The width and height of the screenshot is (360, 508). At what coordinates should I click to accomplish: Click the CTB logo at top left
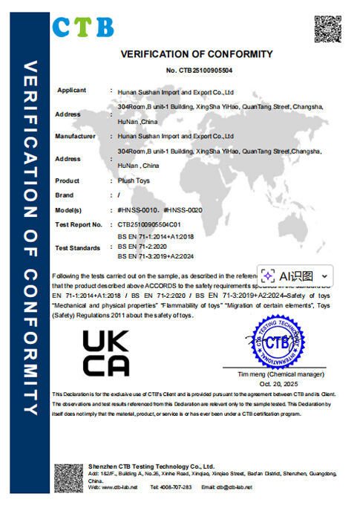coord(82,27)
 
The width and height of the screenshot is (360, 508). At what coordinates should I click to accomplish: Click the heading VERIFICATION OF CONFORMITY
coord(197,54)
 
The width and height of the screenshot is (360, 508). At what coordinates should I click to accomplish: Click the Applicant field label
coord(72,91)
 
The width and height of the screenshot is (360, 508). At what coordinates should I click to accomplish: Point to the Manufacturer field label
coord(76,137)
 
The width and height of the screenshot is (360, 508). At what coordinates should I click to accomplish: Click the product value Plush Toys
coord(134,180)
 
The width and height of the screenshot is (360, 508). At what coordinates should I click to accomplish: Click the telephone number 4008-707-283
coord(175,487)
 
